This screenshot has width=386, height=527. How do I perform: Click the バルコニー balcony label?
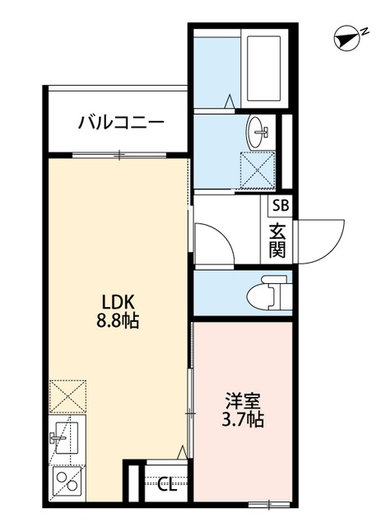[121, 124]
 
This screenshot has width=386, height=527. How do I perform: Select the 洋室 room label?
[244, 401]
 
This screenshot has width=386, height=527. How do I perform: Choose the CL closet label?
[167, 484]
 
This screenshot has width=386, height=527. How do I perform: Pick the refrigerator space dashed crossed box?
[67, 394]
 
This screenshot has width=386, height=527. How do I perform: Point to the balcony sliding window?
[119, 154]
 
